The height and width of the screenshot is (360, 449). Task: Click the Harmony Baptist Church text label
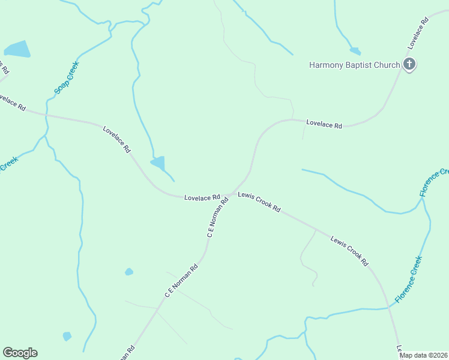(x=354, y=65)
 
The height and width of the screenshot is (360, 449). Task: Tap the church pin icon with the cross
(x=409, y=64)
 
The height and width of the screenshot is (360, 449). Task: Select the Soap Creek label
(x=66, y=78)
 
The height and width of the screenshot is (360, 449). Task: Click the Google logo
(x=20, y=353)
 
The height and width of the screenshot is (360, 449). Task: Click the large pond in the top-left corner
(x=17, y=49)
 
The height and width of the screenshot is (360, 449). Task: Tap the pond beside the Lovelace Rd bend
(x=158, y=163)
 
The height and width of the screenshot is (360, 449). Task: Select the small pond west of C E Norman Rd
(x=129, y=272)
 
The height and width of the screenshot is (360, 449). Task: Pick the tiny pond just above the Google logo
(x=67, y=336)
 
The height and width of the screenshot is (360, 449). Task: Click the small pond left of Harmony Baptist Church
(x=355, y=51)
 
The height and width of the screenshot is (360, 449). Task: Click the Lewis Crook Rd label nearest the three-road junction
(x=259, y=202)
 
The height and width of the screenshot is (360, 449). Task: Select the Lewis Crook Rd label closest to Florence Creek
(x=349, y=251)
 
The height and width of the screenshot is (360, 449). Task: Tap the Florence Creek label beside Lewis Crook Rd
(x=408, y=278)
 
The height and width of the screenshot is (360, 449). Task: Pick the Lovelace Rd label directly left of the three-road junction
(x=202, y=197)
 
